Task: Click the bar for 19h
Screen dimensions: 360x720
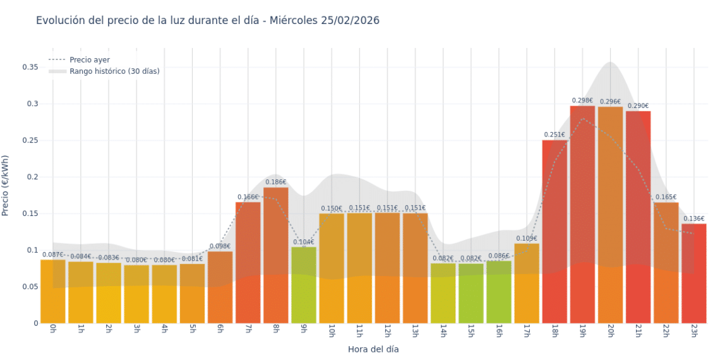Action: pos(582,215)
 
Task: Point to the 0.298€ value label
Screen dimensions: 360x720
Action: pos(582,100)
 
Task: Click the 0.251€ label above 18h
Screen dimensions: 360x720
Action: pos(554,135)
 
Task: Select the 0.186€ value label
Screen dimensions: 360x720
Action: pos(276,182)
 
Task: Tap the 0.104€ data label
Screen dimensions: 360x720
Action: pos(304,242)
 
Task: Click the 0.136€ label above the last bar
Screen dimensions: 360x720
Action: pos(693,219)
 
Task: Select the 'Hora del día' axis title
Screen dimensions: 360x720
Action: pos(373,349)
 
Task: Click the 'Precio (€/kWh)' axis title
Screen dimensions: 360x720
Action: pos(6,186)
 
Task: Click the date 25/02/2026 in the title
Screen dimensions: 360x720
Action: pos(349,20)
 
